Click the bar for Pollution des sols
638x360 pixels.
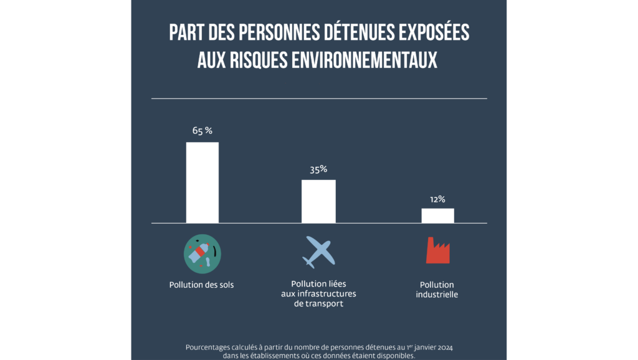pyautogui.click(x=202, y=182)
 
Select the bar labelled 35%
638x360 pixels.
pyautogui.click(x=318, y=201)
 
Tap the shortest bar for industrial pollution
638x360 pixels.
pyautogui.click(x=437, y=215)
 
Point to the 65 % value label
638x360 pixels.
pyautogui.click(x=202, y=131)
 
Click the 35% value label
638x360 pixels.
pyautogui.click(x=318, y=169)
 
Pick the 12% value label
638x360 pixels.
pyautogui.click(x=437, y=199)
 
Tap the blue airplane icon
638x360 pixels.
pyautogui.click(x=318, y=252)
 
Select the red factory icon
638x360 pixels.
pyautogui.click(x=437, y=250)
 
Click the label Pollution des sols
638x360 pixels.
pyautogui.click(x=202, y=285)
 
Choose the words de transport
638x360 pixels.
pyautogui.click(x=318, y=304)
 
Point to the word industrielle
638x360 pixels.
pyautogui.click(x=437, y=295)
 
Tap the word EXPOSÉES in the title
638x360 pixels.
pyautogui.click(x=436, y=33)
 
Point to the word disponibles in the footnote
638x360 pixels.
pyautogui.click(x=393, y=356)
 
